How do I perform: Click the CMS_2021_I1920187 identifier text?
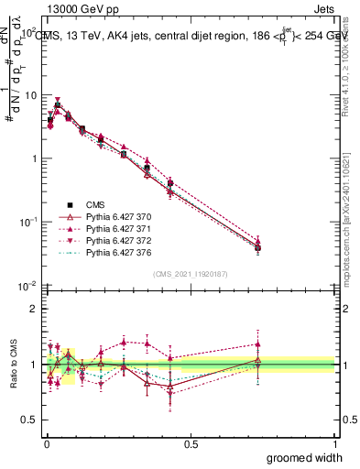click(191, 274)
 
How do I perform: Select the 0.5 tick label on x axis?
click(191, 443)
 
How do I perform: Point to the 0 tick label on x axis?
click(47, 443)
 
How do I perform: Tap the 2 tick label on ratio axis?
click(34, 309)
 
